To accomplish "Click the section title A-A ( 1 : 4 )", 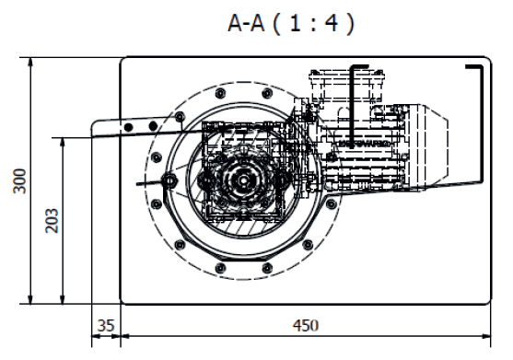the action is pos(291,23).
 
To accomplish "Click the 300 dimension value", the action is pos(20,180).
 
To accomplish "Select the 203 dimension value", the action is pos(52,220).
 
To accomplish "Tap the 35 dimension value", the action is pos(106,325).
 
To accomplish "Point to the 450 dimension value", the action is pos(306,325).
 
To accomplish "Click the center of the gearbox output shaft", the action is pos(244,180).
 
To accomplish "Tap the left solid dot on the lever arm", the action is pos(129,127).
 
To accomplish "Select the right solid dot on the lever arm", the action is pos(153,125).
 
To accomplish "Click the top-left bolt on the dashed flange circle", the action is pos(221,93).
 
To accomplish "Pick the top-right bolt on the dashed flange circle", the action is pos(267,93).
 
